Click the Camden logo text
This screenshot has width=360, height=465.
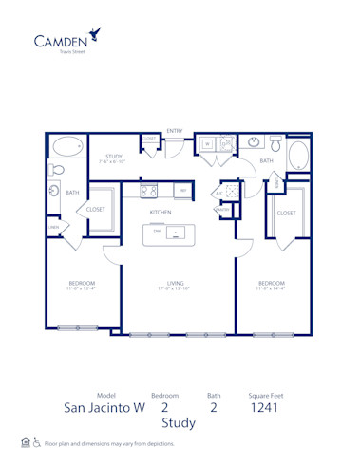point(62,40)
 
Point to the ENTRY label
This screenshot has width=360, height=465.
point(175,130)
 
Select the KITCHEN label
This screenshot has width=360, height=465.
point(161,213)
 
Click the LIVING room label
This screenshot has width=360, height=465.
point(175,282)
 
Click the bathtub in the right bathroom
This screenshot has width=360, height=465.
point(297,157)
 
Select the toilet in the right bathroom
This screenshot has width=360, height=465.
point(275,145)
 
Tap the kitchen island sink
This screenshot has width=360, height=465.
point(176,232)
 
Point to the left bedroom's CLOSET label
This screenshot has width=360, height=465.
point(95,209)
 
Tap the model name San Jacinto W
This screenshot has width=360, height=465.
point(106,409)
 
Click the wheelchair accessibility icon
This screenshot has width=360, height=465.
point(37,442)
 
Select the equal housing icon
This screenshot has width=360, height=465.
point(25,442)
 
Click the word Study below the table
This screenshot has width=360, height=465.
point(178,423)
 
